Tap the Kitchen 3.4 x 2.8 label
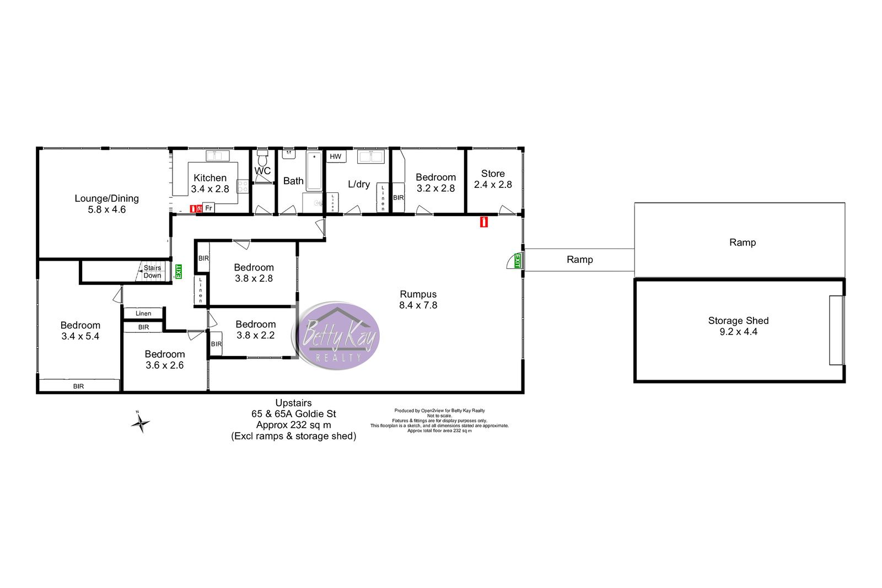210,184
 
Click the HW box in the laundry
336,157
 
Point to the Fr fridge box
209,208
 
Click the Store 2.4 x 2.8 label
493,179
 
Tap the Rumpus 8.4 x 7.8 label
418,299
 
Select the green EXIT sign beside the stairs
179,272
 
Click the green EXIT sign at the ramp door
518,261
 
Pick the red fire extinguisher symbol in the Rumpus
484,222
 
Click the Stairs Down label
152,272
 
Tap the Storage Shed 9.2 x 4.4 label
738,326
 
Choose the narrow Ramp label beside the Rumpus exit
579,260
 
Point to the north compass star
140,423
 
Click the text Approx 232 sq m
293,425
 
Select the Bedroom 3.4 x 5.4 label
80,331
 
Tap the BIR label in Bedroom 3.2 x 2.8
399,198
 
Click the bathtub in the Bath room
314,171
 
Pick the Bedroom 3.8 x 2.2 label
256,330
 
